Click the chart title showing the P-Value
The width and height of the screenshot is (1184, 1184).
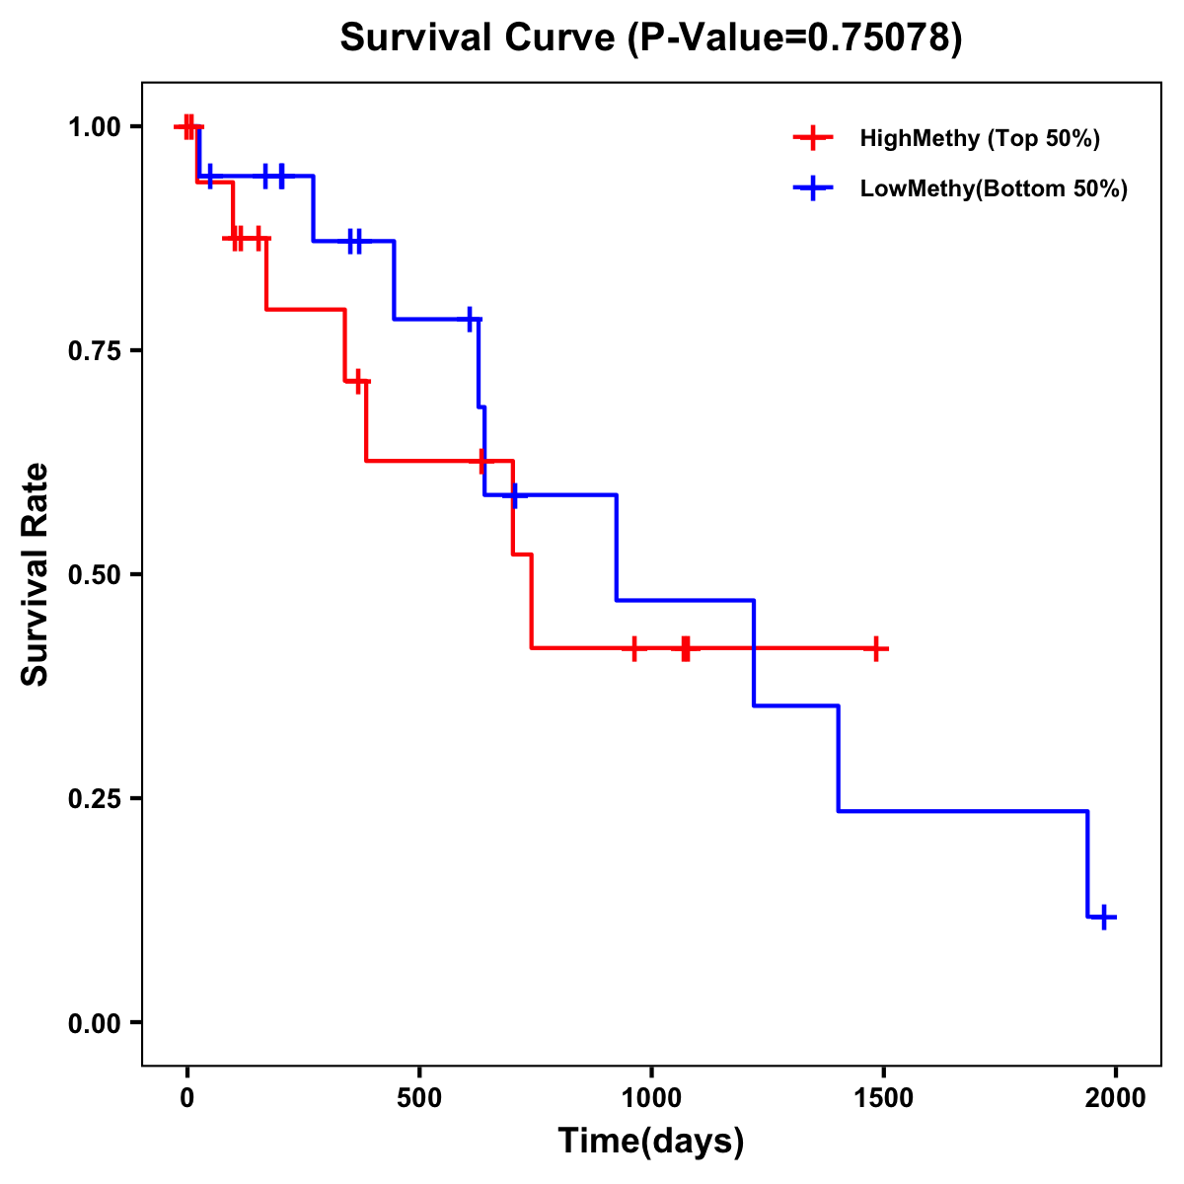[x=650, y=38]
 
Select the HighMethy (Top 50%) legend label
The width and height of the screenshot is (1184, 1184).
[x=979, y=138]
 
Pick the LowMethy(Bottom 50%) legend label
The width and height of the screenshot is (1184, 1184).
[x=993, y=188]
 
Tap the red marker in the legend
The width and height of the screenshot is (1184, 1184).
[x=812, y=138]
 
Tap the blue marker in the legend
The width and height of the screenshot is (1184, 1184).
[x=812, y=188]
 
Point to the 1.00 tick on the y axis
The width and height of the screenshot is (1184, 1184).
[x=94, y=127]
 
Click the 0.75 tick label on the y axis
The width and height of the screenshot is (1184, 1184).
[x=94, y=351]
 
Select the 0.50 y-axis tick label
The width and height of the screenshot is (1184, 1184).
[x=94, y=575]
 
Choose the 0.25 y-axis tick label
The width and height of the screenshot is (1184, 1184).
[x=94, y=799]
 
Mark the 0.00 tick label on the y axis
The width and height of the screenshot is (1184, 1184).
[x=94, y=1023]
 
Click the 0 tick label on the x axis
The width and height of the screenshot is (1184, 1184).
[x=187, y=1098]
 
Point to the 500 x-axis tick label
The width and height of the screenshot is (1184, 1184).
[x=419, y=1098]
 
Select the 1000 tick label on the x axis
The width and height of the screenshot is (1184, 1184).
[x=651, y=1098]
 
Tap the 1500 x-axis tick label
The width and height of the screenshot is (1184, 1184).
[x=884, y=1098]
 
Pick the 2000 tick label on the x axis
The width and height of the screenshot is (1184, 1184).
[x=1116, y=1098]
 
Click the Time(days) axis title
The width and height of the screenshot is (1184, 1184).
[x=650, y=1142]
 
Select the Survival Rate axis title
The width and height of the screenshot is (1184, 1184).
[x=36, y=574]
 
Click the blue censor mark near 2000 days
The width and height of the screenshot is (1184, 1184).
[x=1105, y=917]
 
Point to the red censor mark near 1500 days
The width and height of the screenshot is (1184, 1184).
[x=875, y=648]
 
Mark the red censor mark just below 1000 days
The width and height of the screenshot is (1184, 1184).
[x=633, y=648]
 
